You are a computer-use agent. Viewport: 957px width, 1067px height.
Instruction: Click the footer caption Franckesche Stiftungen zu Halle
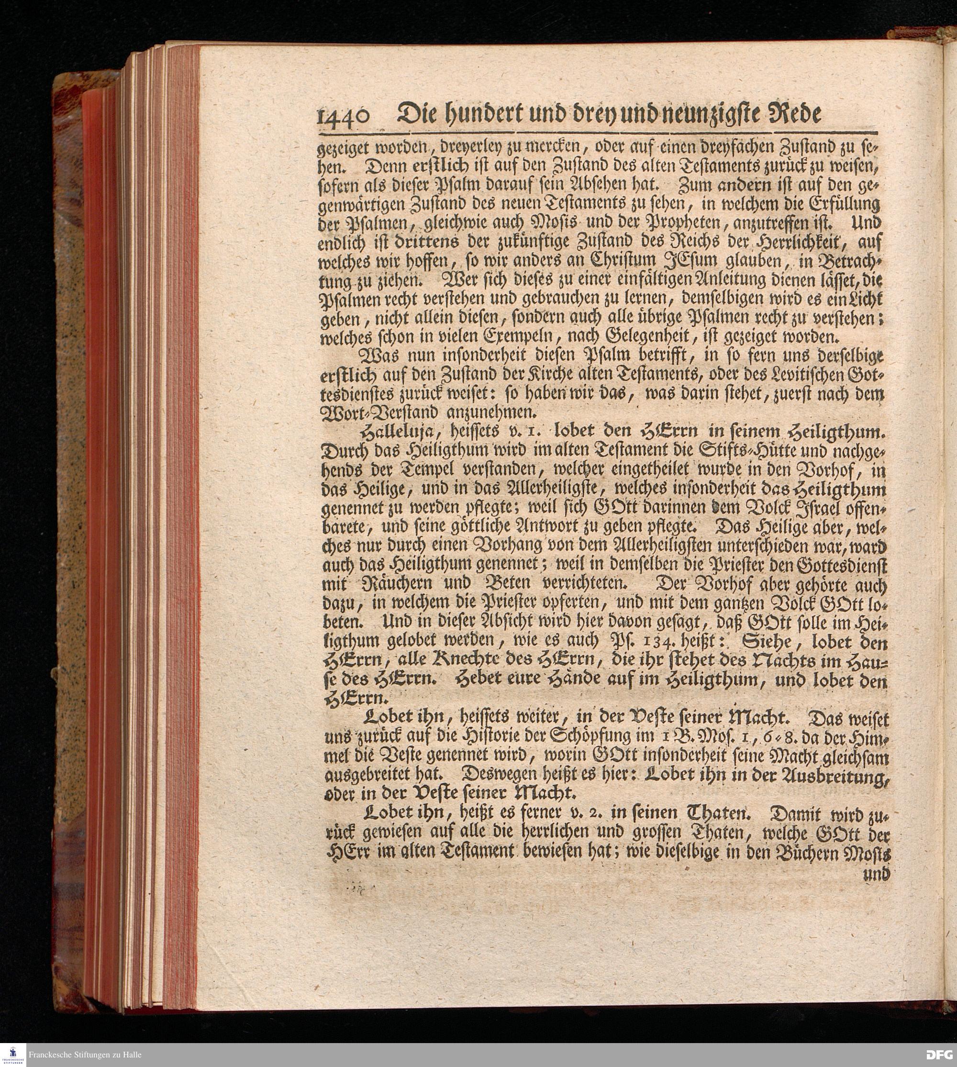coord(85,1055)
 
